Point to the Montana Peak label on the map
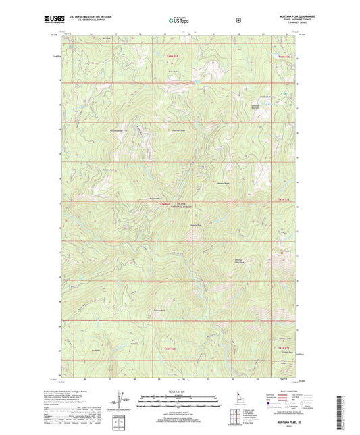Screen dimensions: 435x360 [156, 198]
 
